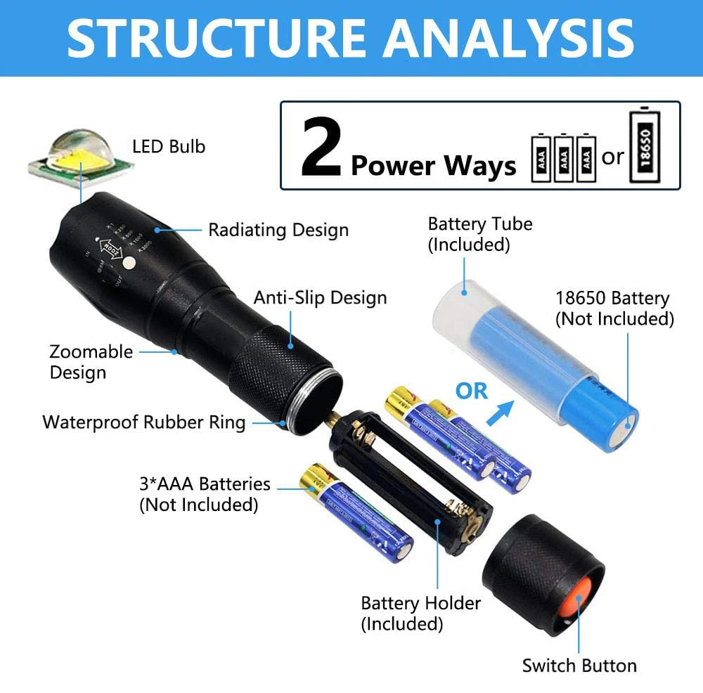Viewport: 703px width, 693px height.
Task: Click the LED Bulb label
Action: (x=169, y=146)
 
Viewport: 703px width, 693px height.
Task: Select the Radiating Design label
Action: (x=278, y=230)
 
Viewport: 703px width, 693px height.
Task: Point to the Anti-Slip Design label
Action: (x=321, y=297)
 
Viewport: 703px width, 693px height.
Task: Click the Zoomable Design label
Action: (x=82, y=361)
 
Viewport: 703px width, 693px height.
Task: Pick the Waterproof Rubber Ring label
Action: (x=144, y=422)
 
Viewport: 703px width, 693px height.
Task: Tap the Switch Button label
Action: (x=579, y=666)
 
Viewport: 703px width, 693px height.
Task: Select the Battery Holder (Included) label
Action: (x=420, y=613)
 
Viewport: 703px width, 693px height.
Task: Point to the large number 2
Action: (x=321, y=149)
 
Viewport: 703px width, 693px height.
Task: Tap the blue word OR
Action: (x=472, y=391)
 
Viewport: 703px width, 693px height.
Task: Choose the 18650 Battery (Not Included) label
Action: (x=614, y=309)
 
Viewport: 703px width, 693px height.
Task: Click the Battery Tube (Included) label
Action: (x=480, y=234)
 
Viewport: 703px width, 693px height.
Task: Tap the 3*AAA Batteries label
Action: (x=205, y=493)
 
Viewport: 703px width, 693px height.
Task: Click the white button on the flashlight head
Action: (x=129, y=264)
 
